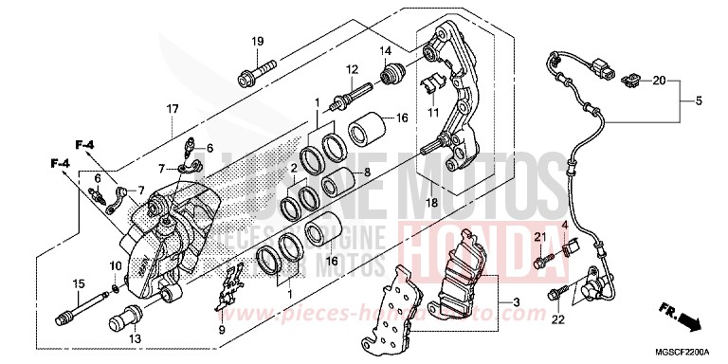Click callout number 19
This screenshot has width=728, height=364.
coord(257,41)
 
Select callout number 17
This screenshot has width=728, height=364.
coord(172,109)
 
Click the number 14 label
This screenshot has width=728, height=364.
coord(386,50)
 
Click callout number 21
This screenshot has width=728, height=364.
coord(540,236)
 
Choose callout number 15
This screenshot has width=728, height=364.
coord(77,283)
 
